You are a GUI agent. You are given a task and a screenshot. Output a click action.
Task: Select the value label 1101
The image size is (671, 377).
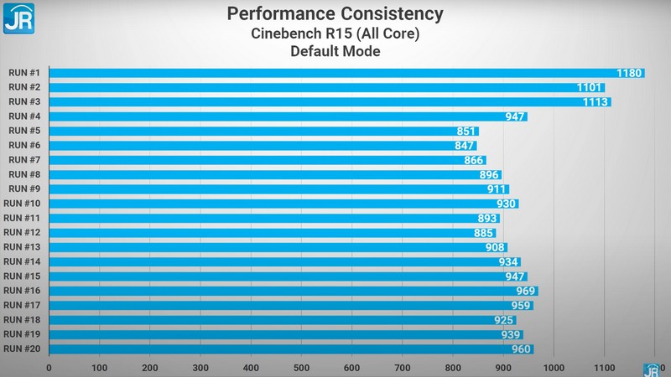[590, 87]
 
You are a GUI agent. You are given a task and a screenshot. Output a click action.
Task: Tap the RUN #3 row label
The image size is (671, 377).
[23, 101]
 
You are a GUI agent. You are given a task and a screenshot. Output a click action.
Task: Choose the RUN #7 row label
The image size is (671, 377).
[23, 160]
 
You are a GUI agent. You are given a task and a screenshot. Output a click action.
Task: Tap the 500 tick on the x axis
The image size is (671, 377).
[301, 367]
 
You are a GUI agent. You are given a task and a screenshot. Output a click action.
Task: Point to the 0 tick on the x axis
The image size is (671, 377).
[49, 367]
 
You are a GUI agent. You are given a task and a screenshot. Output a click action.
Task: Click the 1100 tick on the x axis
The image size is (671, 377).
[604, 367]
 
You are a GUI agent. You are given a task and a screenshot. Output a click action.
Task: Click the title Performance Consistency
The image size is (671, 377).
[335, 14]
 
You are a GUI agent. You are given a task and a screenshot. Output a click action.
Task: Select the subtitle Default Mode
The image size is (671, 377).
[335, 52]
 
